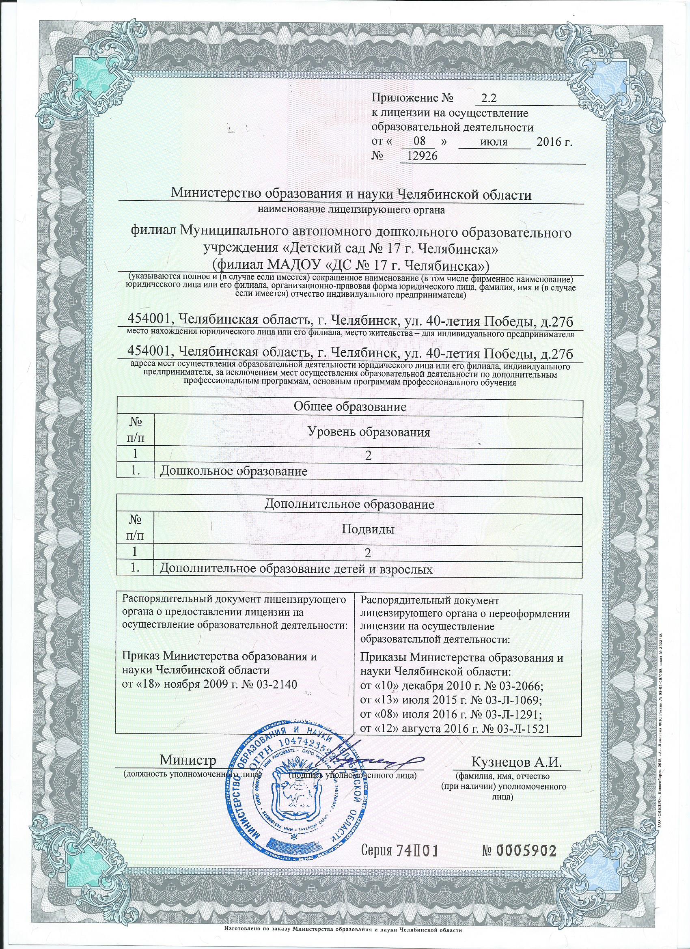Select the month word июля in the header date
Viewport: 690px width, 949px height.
494,142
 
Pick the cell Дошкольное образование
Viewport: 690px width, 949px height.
234,472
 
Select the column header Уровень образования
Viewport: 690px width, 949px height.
369,432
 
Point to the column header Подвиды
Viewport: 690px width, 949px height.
369,530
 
